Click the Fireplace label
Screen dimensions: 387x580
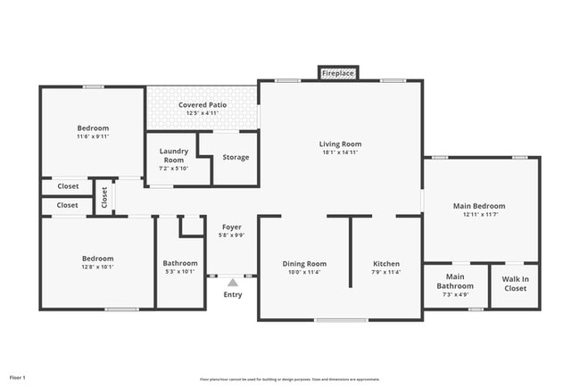point(338,72)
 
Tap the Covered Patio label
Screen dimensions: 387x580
point(202,104)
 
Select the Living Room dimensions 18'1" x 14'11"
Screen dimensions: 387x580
point(340,152)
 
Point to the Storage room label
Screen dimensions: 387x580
point(236,157)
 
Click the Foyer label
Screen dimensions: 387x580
point(231,227)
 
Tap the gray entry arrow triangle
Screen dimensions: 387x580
point(232,282)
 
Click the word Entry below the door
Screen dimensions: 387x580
point(232,294)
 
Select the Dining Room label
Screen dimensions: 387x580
point(304,263)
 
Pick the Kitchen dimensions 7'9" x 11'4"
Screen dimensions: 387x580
point(386,272)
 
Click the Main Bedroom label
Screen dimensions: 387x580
point(479,206)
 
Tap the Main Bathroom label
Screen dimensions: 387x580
point(455,282)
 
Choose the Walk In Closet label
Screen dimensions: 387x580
point(515,283)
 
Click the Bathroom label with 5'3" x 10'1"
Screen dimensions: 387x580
point(180,263)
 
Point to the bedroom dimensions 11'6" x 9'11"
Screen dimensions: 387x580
point(93,136)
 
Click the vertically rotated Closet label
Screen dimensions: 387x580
point(104,197)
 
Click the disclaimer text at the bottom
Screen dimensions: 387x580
point(289,379)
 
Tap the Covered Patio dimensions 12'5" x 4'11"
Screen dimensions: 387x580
point(202,113)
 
